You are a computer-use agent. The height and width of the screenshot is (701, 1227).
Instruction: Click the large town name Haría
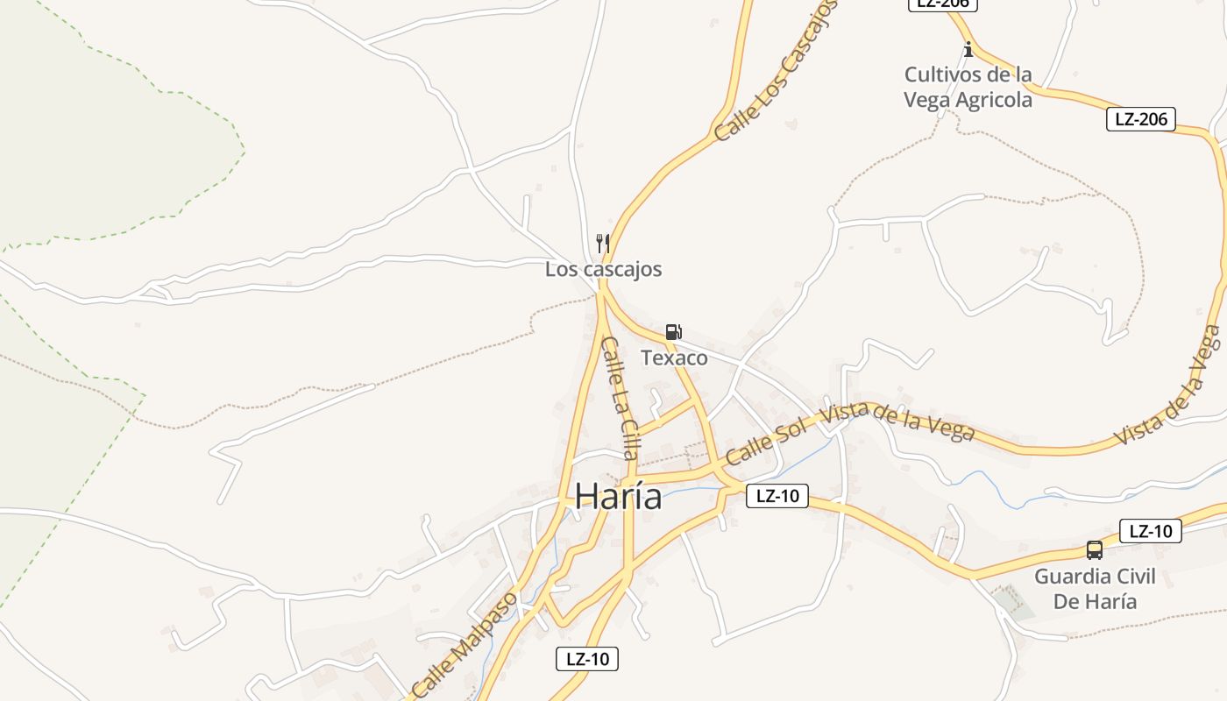(x=618, y=496)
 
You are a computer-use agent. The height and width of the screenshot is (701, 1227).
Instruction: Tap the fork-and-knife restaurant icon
(x=603, y=243)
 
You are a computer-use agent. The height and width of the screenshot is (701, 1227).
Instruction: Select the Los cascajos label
(x=603, y=269)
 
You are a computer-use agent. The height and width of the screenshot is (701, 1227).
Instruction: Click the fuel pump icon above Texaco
(x=673, y=331)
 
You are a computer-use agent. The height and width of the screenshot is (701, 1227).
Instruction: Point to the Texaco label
(x=674, y=358)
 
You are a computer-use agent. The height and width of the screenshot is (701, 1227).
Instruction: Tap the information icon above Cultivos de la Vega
(x=968, y=49)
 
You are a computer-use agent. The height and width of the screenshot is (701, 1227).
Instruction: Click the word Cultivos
(x=943, y=74)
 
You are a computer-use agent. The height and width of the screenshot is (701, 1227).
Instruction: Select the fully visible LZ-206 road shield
(x=1140, y=119)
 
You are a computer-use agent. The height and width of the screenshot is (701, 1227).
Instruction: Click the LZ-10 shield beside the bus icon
(x=1151, y=530)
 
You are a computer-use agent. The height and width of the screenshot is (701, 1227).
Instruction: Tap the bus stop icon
(x=1095, y=550)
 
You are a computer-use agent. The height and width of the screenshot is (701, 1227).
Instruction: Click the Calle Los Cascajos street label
(x=775, y=71)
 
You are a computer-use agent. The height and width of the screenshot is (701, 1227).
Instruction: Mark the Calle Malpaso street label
(x=464, y=641)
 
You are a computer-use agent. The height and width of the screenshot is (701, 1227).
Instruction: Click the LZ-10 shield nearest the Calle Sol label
(x=777, y=495)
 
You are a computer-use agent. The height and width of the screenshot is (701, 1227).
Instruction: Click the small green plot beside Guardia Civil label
(x=1013, y=604)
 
